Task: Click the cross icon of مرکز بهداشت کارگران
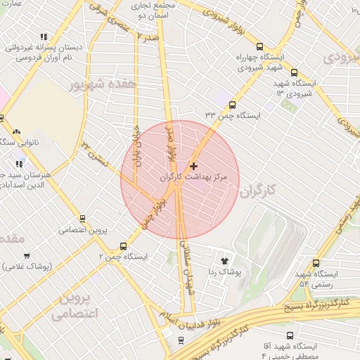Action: click(194, 166)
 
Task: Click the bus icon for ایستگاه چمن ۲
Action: click(124, 246)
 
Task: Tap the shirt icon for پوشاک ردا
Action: click(225, 259)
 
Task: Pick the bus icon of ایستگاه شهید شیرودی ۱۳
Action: click(294, 72)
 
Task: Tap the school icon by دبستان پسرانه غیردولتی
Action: click(44, 37)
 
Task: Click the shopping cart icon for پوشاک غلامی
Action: click(27, 256)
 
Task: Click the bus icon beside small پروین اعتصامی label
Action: click(83, 219)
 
